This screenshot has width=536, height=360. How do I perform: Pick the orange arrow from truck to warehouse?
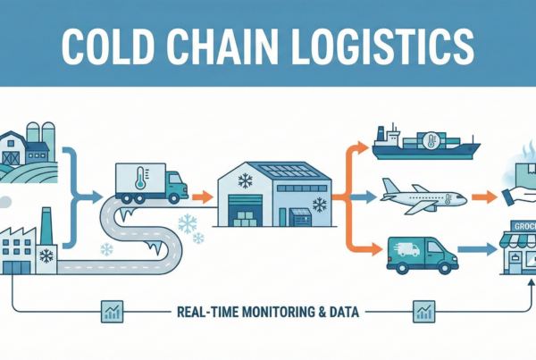203,195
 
